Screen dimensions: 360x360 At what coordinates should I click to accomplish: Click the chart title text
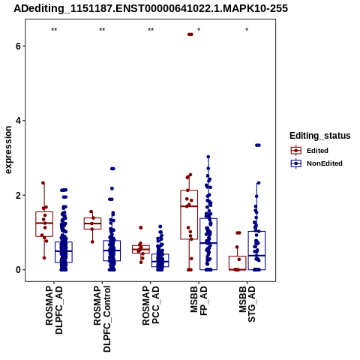click(x=151, y=8)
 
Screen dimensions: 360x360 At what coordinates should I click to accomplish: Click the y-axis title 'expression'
click(x=8, y=150)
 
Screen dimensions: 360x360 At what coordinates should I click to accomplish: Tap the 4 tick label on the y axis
click(x=19, y=121)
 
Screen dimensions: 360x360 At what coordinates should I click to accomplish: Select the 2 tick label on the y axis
click(x=19, y=195)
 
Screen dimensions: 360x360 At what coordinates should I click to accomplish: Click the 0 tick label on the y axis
click(x=19, y=270)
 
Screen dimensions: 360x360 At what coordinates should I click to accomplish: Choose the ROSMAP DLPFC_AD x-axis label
click(x=54, y=310)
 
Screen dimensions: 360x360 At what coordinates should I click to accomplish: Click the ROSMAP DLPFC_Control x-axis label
click(x=102, y=319)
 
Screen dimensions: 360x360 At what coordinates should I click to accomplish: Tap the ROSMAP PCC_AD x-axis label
click(x=151, y=305)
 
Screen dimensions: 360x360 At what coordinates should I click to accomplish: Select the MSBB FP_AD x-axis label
click(x=199, y=301)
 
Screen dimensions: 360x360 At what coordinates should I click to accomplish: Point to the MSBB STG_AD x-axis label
click(x=247, y=304)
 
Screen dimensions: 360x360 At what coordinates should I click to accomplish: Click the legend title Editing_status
click(x=320, y=136)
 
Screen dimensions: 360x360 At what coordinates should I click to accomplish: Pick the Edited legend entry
click(x=310, y=151)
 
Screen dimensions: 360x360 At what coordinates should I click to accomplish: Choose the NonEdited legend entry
click(x=316, y=163)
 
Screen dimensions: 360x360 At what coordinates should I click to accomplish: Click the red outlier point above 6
click(x=190, y=34)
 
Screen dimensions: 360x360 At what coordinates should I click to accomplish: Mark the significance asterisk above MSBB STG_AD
click(x=247, y=30)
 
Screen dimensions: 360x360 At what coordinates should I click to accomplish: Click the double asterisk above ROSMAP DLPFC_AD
click(x=54, y=30)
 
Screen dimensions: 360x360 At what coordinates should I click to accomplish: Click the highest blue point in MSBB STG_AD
click(x=257, y=145)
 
